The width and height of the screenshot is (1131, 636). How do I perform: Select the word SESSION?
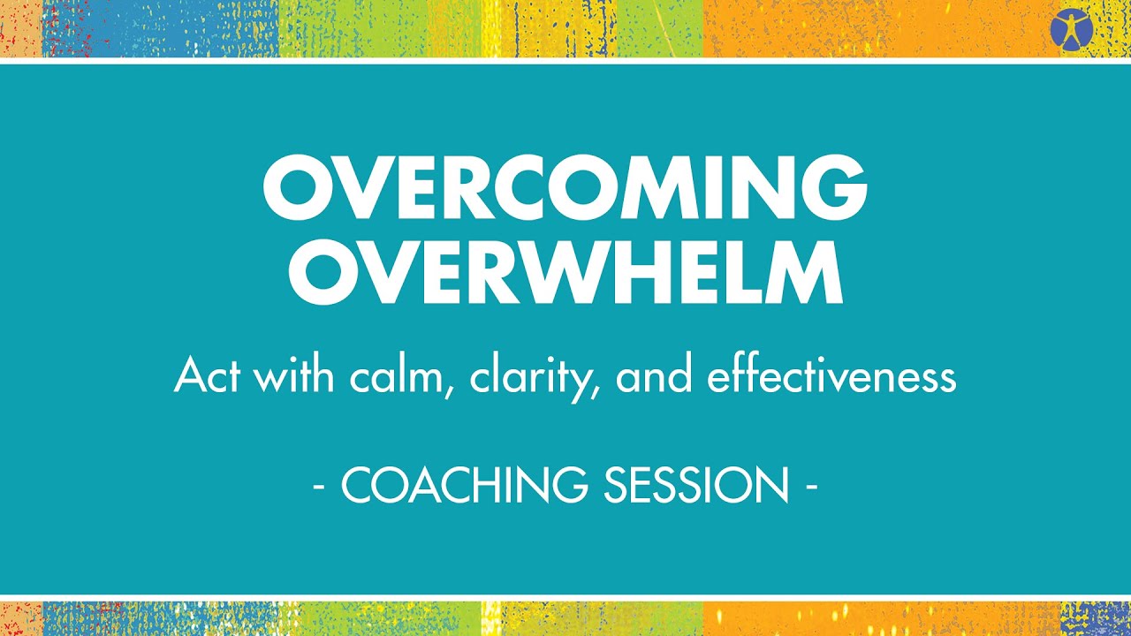click(696, 484)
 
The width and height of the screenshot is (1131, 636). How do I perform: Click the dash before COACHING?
click(319, 487)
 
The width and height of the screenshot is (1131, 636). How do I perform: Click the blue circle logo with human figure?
click(1072, 30)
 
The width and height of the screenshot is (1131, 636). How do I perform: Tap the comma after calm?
click(448, 391)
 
